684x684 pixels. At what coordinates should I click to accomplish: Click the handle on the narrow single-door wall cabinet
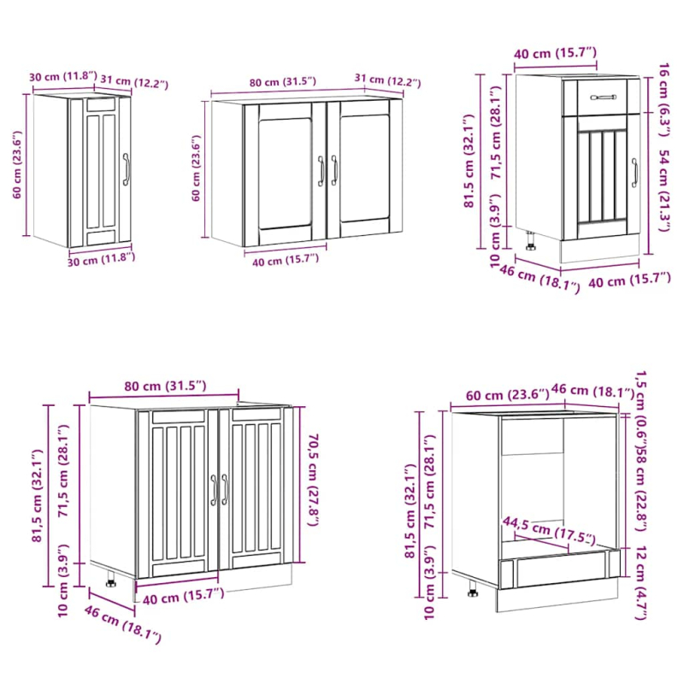click(x=127, y=169)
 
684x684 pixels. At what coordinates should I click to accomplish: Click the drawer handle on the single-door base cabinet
click(x=603, y=97)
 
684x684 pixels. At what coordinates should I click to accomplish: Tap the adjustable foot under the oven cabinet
click(x=473, y=589)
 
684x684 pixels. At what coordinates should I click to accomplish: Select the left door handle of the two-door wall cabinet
click(x=321, y=170)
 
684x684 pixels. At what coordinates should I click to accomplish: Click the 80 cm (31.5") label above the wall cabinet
click(x=283, y=82)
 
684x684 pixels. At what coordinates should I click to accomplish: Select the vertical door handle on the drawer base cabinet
click(x=634, y=173)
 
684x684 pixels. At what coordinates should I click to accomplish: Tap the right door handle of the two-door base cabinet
click(x=226, y=489)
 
